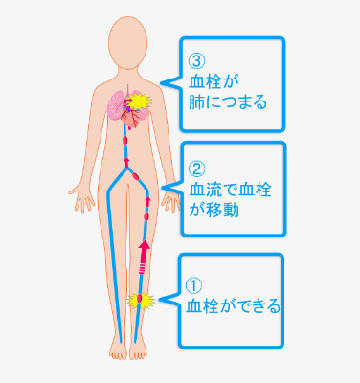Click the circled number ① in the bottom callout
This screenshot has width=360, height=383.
(x=194, y=285)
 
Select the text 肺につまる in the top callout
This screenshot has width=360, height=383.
(x=228, y=101)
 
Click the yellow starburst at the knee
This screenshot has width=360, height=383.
(x=141, y=301)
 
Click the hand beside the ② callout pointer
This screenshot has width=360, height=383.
(x=172, y=200)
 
